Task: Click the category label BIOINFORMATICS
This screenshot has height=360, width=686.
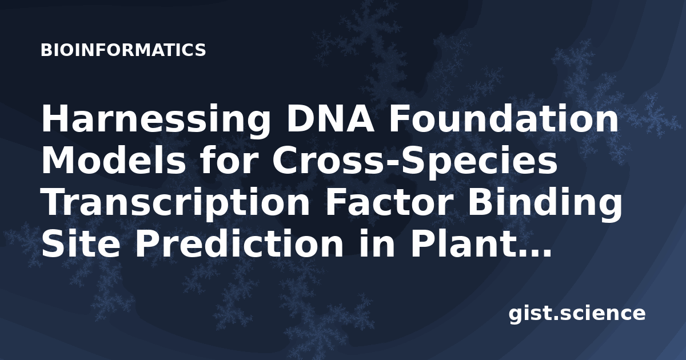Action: pos(123,50)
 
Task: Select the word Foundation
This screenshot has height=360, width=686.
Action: pos(504,118)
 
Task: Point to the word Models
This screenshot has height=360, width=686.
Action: pos(114,160)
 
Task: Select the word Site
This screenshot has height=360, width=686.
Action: pos(81,243)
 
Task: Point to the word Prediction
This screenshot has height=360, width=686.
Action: pos(239,243)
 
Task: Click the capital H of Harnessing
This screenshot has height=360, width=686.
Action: pos(54,118)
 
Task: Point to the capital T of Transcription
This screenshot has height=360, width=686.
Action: pos(54,202)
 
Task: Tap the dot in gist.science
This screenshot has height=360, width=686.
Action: pos(556,318)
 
